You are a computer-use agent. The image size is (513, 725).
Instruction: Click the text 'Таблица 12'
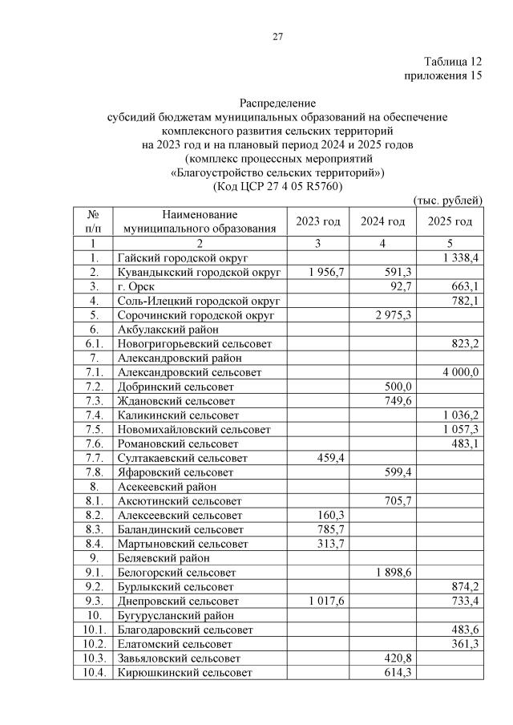[454, 62]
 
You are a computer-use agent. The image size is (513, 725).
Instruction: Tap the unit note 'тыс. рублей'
[447, 200]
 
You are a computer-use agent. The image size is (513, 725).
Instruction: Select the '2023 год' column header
[318, 221]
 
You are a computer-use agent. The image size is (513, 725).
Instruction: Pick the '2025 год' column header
[450, 221]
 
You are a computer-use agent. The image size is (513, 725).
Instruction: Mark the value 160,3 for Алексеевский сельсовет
[331, 515]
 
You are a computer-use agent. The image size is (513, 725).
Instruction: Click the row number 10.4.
[95, 672]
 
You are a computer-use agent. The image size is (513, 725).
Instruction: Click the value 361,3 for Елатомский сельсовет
[463, 643]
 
